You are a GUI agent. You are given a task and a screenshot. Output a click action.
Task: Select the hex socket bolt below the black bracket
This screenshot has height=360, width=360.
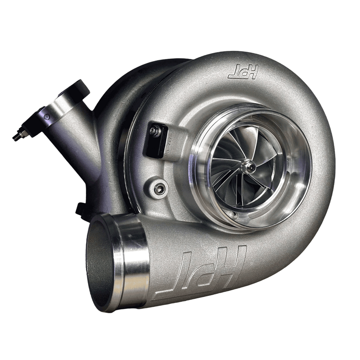pyautogui.click(x=158, y=186)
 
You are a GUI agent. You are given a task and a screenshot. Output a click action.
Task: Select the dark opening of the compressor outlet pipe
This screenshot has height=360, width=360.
pyautogui.click(x=99, y=265)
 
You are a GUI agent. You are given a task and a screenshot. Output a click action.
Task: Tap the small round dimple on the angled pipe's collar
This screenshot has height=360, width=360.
pyautogui.click(x=47, y=117)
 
